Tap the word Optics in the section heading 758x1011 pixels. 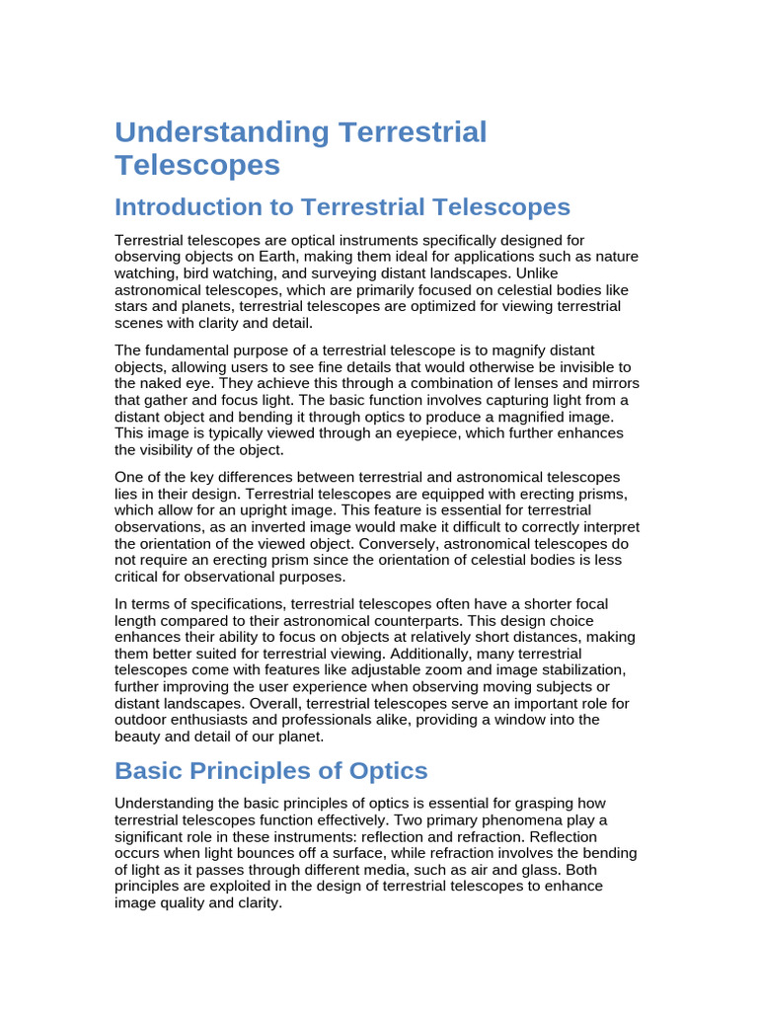coord(383,771)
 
